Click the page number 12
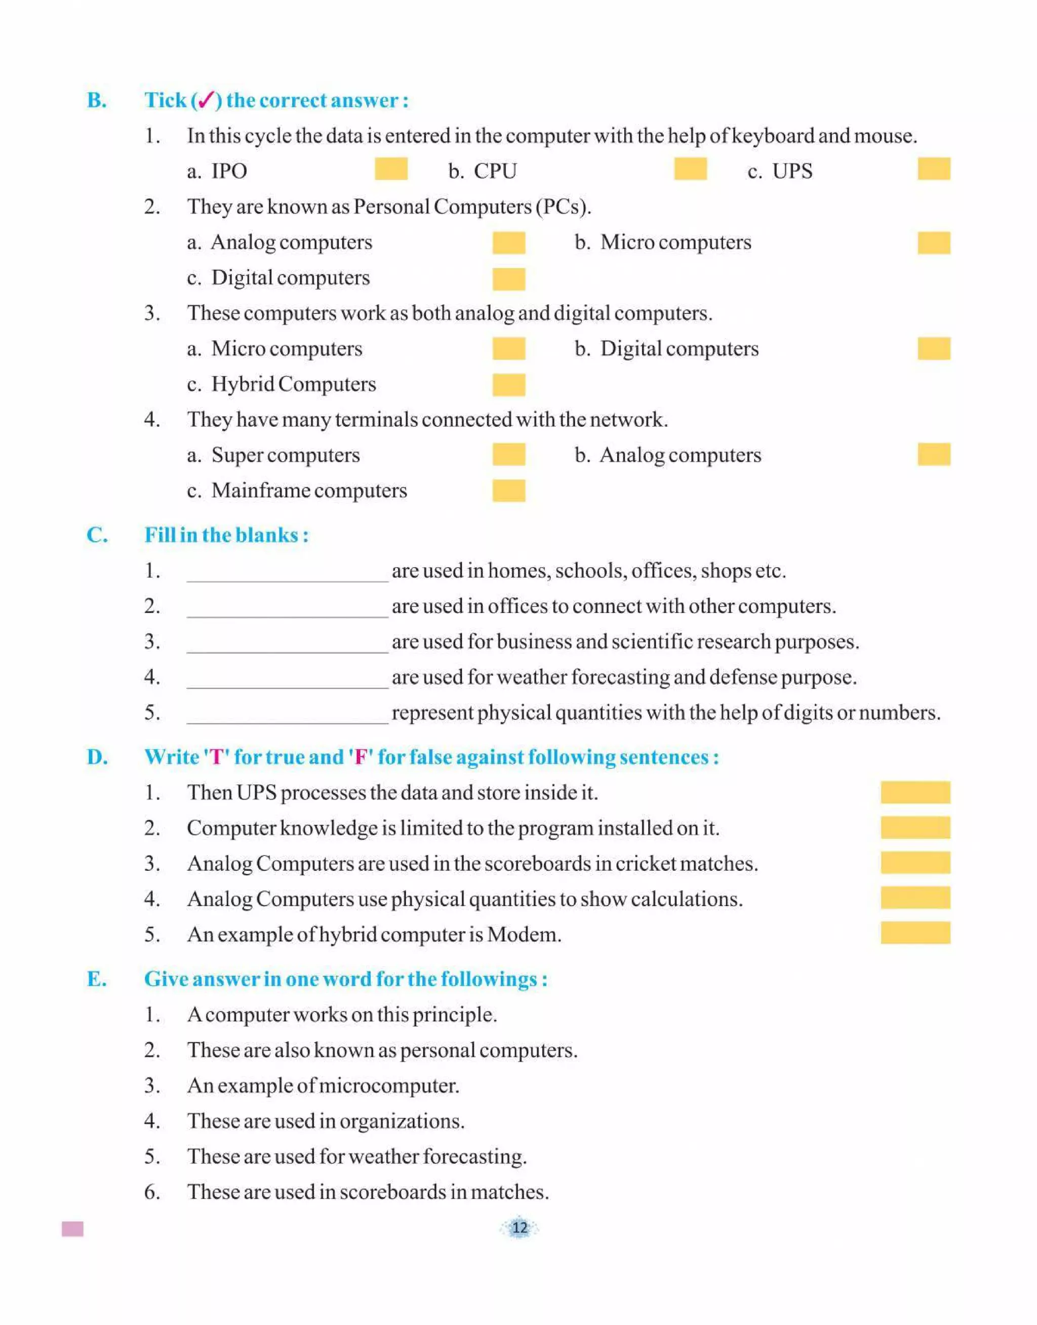[x=519, y=1228]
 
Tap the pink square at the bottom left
[x=73, y=1229]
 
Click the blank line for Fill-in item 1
[x=287, y=574]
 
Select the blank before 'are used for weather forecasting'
[x=287, y=680]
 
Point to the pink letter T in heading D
[x=216, y=757]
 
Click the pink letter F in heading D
[x=360, y=757]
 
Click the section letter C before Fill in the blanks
[x=97, y=535]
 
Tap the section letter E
[x=97, y=979]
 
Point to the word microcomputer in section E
[x=388, y=1086]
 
